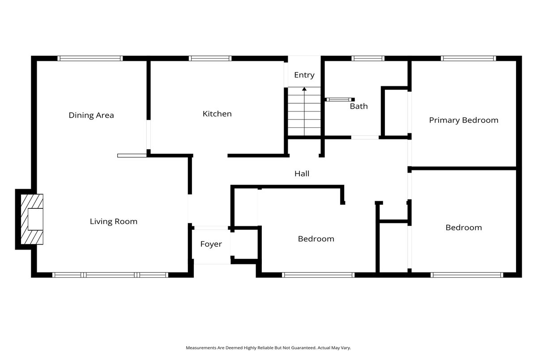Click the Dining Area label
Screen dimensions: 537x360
point(91,115)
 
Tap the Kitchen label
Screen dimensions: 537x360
point(217,114)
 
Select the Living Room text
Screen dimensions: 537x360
point(114,221)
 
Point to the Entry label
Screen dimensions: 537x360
point(304,75)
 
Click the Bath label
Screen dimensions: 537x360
point(358,106)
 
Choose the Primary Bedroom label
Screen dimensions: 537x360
point(464,120)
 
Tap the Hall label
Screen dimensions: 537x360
point(302,174)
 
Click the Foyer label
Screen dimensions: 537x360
point(211,244)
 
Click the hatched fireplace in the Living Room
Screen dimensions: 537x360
point(32,219)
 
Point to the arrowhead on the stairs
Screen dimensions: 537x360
point(304,89)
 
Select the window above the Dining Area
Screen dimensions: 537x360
point(90,59)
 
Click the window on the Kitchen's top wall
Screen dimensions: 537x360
point(210,59)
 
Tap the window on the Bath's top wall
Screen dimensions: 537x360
point(368,59)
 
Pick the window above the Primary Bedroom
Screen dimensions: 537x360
point(469,59)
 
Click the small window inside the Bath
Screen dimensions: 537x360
point(339,100)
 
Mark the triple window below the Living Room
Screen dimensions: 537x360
point(110,275)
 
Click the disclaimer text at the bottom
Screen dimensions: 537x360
point(268,348)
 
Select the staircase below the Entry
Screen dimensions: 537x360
point(304,111)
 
